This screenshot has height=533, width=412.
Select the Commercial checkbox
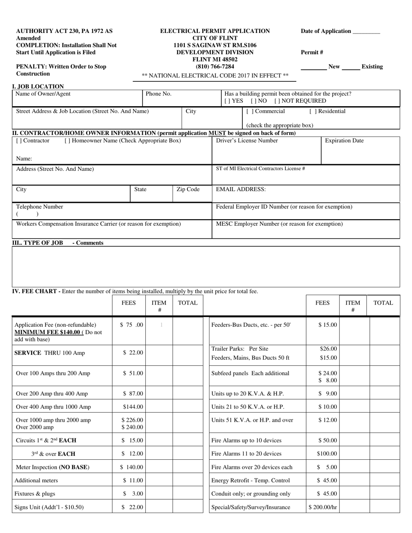point(249,111)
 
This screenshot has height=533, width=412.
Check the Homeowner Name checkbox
point(67,141)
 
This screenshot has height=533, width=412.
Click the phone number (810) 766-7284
point(215,66)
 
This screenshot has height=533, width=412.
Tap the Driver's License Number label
point(247,141)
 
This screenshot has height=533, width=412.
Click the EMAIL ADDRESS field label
point(241,189)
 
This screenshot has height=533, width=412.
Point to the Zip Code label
point(188,189)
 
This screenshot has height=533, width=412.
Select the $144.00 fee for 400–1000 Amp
point(133,407)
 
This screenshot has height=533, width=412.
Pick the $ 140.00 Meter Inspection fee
point(131,467)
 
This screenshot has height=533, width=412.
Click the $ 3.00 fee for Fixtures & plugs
point(133,494)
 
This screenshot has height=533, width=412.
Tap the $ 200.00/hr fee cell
point(323,507)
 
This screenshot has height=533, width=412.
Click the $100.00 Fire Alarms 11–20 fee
point(327,454)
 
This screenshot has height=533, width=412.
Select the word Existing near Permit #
point(372,67)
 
